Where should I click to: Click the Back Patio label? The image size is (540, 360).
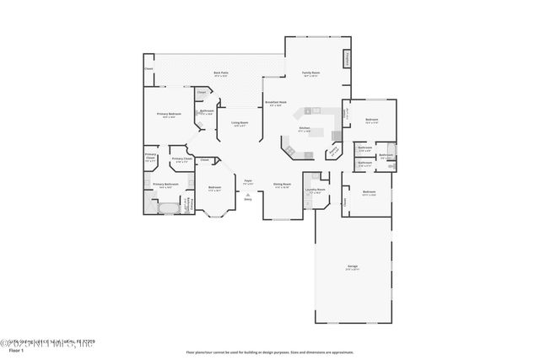pyautogui.click(x=222, y=73)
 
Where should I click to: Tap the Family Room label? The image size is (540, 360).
pyautogui.click(x=311, y=73)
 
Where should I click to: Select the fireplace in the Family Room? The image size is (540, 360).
pyautogui.click(x=346, y=59)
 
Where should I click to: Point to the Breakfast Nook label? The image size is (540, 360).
pyautogui.click(x=276, y=103)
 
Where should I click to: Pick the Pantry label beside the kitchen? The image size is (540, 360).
pyautogui.click(x=335, y=152)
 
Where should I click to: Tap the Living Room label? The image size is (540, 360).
pyautogui.click(x=240, y=123)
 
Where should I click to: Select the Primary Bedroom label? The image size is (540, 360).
pyautogui.click(x=169, y=114)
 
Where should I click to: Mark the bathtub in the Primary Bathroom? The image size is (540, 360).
pyautogui.click(x=167, y=207)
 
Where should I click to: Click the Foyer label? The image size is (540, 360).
pyautogui.click(x=248, y=181)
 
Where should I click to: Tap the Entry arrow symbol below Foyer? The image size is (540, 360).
pyautogui.click(x=248, y=195)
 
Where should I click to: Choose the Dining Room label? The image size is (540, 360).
pyautogui.click(x=282, y=185)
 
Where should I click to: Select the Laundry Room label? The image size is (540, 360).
pyautogui.click(x=316, y=191)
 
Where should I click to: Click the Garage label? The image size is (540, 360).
pyautogui.click(x=352, y=267)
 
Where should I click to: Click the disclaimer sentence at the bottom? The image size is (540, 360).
pyautogui.click(x=269, y=352)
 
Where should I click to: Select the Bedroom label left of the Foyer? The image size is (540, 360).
pyautogui.click(x=215, y=188)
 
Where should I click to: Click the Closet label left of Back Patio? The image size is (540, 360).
pyautogui.click(x=148, y=68)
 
